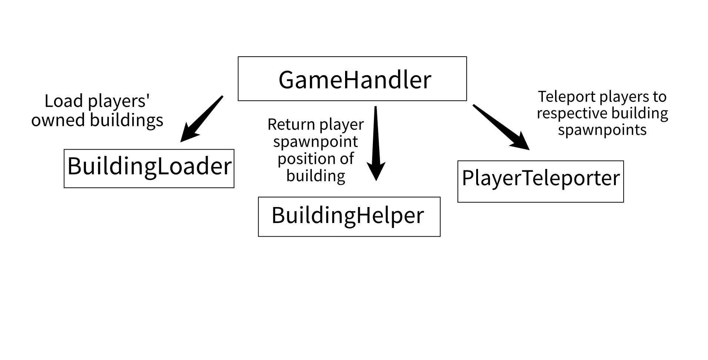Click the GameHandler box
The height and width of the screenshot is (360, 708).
click(352, 79)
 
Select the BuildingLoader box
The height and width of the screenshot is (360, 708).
click(149, 169)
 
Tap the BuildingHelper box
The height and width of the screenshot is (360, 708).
click(349, 217)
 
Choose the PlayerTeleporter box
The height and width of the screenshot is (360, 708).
click(540, 181)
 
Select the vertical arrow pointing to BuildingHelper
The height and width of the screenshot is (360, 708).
click(376, 141)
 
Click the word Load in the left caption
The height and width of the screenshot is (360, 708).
click(63, 101)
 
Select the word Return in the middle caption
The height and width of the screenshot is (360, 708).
click(291, 124)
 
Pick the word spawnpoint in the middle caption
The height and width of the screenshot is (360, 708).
click(315, 142)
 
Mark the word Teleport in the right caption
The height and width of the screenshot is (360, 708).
click(567, 97)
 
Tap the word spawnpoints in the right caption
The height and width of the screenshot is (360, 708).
click(602, 130)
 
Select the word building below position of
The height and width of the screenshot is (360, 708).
click(315, 176)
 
